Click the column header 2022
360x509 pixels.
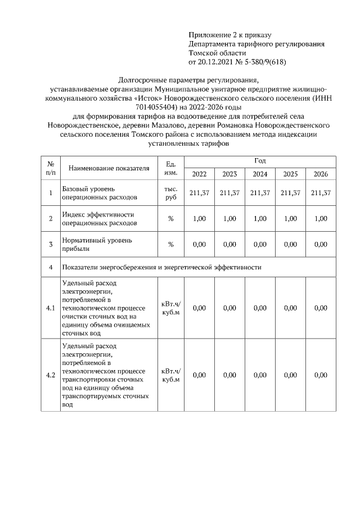(199, 174)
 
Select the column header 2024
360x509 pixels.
(260, 174)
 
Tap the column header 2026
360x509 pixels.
(321, 174)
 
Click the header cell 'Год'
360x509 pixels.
(260, 161)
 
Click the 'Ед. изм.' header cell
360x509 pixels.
(170, 168)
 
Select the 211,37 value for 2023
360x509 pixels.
(229, 193)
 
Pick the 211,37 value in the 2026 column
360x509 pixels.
(321, 193)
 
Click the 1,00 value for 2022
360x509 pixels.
(199, 219)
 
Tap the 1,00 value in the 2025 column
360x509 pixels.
(290, 219)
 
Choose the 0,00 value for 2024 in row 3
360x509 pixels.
(260, 245)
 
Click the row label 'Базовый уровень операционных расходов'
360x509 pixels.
(99, 193)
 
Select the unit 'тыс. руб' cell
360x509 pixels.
(170, 193)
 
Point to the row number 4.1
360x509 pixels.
(51, 308)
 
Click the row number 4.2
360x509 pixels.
(51, 375)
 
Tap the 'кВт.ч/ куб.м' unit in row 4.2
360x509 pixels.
(170, 375)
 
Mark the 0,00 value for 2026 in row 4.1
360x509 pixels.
(321, 308)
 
